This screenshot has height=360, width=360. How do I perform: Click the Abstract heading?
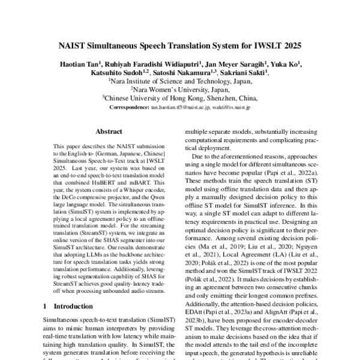click(x=109, y=131)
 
